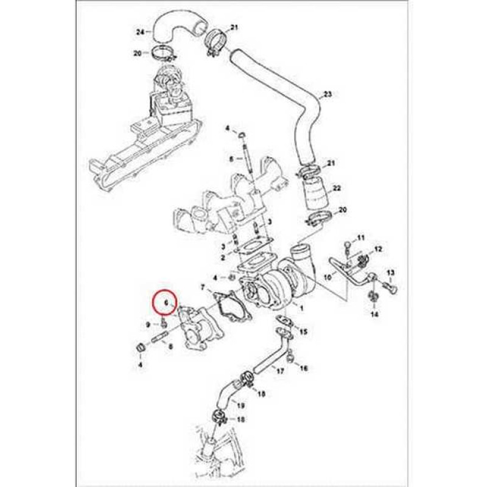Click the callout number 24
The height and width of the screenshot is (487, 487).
[x=139, y=31]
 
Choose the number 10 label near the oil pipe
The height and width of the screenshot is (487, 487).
[x=328, y=276]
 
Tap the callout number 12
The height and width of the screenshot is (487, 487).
[x=378, y=249]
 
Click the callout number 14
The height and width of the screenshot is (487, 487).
[x=374, y=314]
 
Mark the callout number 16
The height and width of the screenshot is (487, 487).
[x=304, y=368]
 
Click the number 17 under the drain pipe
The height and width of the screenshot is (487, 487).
[x=280, y=370]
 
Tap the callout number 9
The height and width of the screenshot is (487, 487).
[x=148, y=325]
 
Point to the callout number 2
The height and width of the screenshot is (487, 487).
[x=223, y=258]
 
